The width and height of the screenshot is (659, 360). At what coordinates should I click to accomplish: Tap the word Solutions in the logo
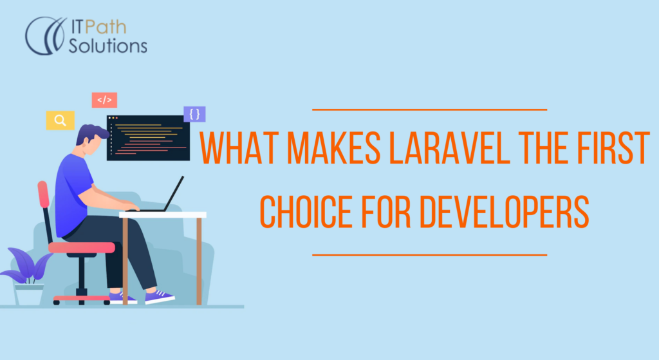pyautogui.click(x=107, y=46)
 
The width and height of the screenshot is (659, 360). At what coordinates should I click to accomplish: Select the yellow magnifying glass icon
pyautogui.click(x=60, y=120)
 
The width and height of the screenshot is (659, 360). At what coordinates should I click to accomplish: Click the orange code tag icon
pyautogui.click(x=104, y=100)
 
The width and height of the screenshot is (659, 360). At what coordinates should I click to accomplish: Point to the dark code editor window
pyautogui.click(x=146, y=137)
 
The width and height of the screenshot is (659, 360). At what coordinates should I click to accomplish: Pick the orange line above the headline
pyautogui.click(x=429, y=109)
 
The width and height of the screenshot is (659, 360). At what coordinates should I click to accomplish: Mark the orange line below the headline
pyautogui.click(x=429, y=254)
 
